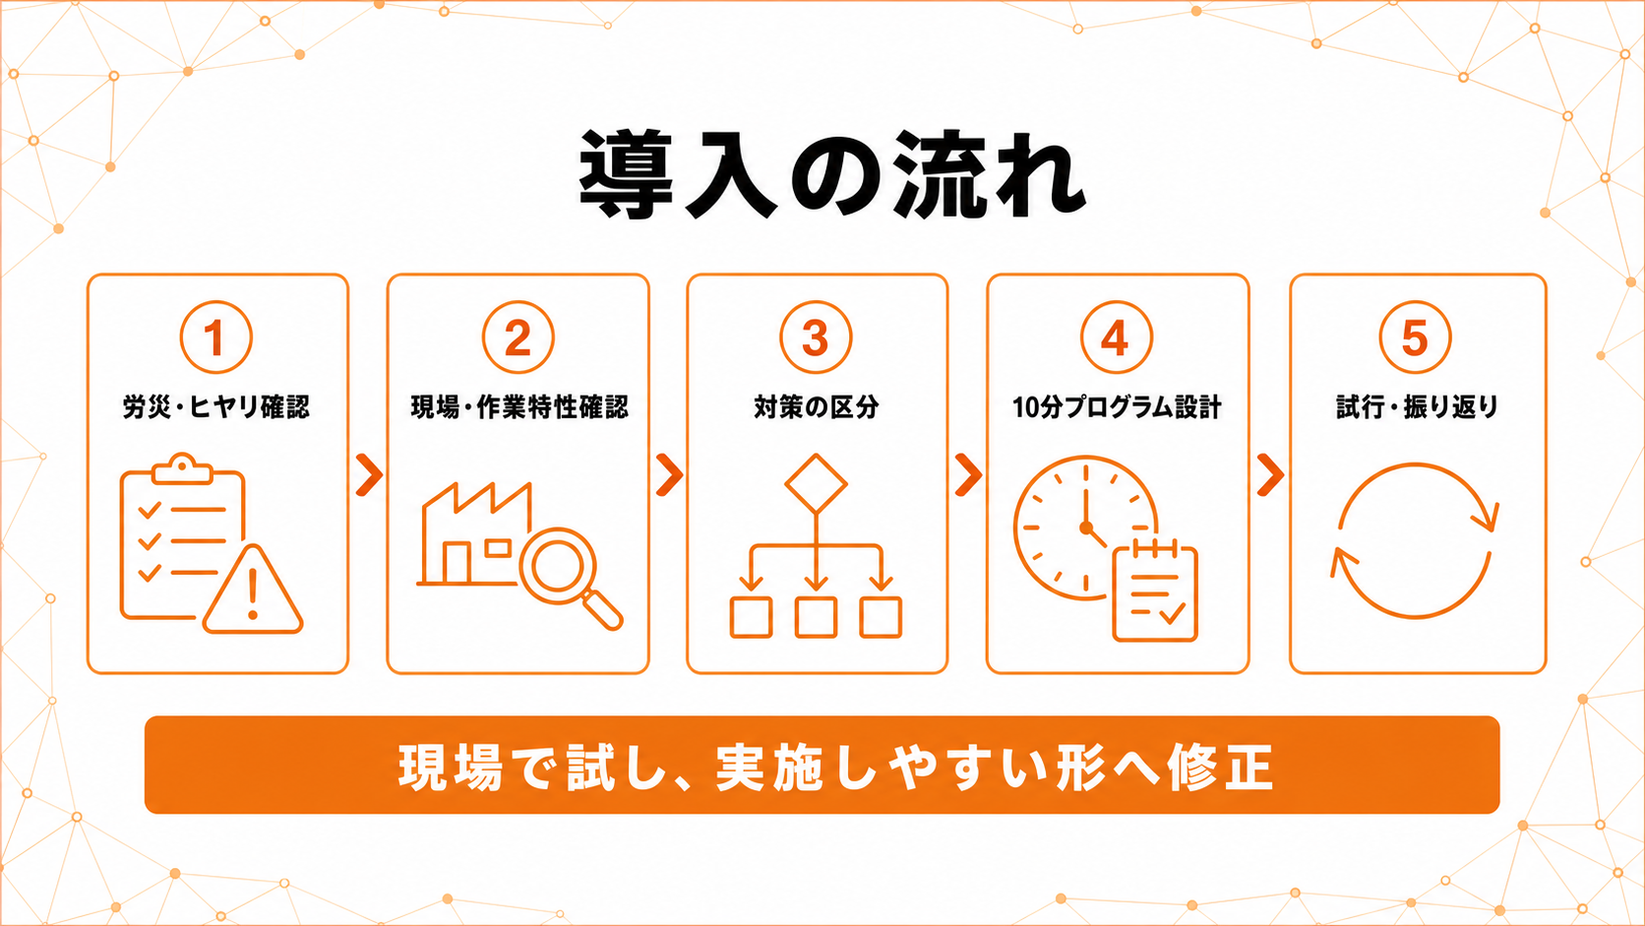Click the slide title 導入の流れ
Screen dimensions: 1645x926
[x=832, y=175]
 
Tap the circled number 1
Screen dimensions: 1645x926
[x=215, y=338]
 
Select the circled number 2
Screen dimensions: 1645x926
[x=518, y=338]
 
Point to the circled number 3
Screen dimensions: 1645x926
[x=816, y=338]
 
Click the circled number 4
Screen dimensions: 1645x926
[x=1117, y=338]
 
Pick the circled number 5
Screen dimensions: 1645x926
[x=1415, y=338]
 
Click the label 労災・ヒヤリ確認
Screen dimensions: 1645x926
[x=215, y=406]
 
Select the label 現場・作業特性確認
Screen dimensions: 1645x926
[x=519, y=406]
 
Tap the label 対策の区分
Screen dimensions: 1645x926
[x=816, y=406]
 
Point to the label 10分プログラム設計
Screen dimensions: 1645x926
[x=1117, y=406]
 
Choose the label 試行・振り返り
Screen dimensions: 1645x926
[x=1417, y=406]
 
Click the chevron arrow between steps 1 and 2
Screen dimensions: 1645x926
[x=369, y=475]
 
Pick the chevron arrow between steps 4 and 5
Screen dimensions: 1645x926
[x=1270, y=475]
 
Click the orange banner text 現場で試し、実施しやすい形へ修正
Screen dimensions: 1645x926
[x=835, y=768]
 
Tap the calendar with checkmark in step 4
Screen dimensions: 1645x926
[x=1155, y=591]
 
